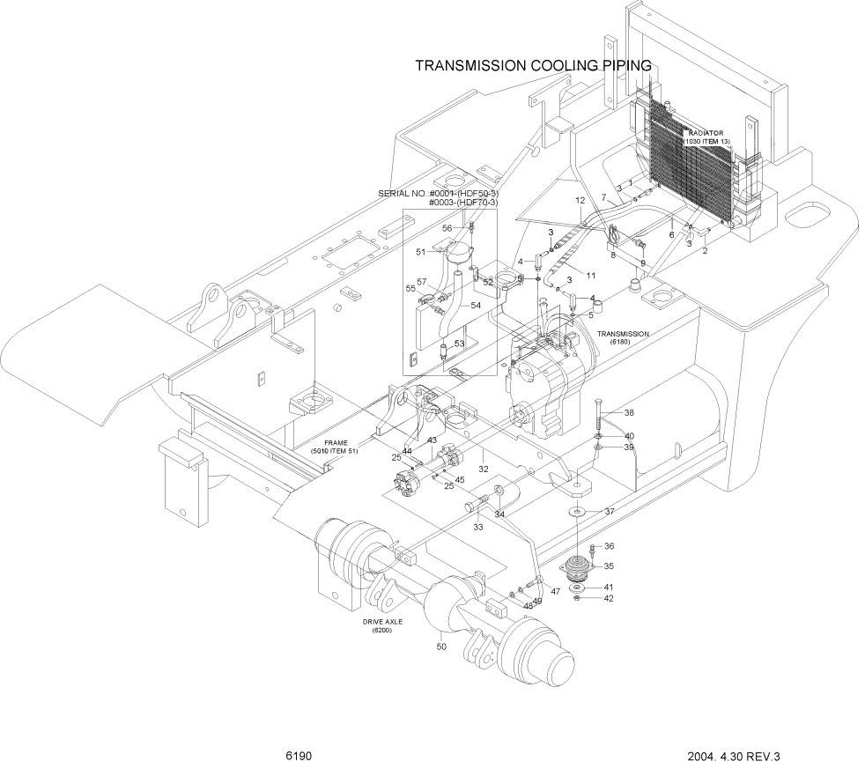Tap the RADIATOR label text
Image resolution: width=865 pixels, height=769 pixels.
pos(706,133)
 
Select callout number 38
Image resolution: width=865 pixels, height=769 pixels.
pos(629,413)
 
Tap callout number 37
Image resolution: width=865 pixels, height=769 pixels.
pos(608,512)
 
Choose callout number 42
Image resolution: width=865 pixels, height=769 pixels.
pos(608,598)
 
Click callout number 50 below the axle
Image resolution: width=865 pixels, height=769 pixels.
pos(441,647)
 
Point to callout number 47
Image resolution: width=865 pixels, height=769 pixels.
pos(555,592)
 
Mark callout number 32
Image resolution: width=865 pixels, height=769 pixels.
pos(483,470)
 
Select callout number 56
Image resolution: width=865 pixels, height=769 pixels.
pos(447,228)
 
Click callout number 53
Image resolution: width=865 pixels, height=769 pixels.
pos(458,343)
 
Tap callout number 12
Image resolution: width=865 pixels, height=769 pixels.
pos(580,201)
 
